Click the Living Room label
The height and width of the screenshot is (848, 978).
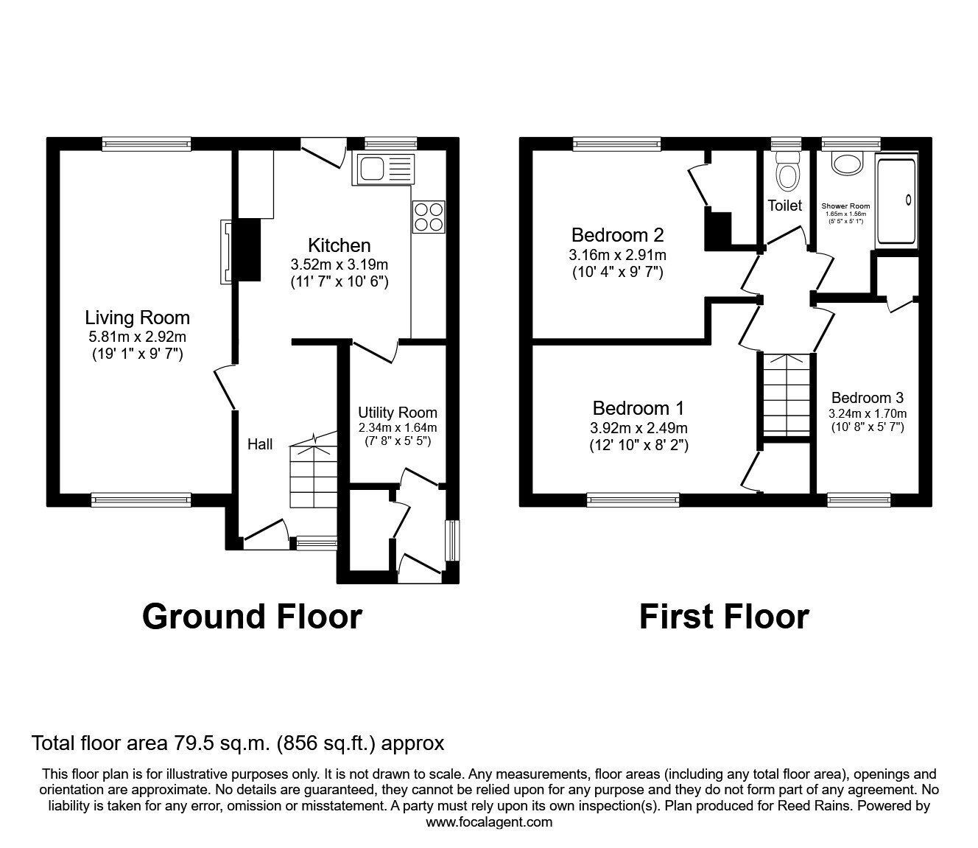click(x=137, y=318)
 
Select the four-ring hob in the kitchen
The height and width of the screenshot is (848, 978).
click(x=429, y=217)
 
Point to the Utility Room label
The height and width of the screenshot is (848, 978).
click(x=397, y=413)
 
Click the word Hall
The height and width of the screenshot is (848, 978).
click(x=260, y=444)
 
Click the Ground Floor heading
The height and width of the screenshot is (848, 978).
click(x=252, y=616)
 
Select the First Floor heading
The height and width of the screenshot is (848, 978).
click(x=724, y=616)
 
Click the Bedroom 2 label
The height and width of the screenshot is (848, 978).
click(x=617, y=235)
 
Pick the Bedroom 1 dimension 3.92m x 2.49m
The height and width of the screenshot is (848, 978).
click(x=638, y=428)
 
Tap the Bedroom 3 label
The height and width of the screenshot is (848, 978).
click(x=867, y=398)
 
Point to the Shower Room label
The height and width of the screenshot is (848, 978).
click(x=845, y=206)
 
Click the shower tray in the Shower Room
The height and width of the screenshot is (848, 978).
click(x=896, y=200)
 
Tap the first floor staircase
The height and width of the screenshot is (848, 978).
click(x=786, y=395)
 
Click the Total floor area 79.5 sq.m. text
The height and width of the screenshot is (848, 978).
click(x=238, y=743)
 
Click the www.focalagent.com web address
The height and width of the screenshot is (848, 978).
click(x=488, y=822)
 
